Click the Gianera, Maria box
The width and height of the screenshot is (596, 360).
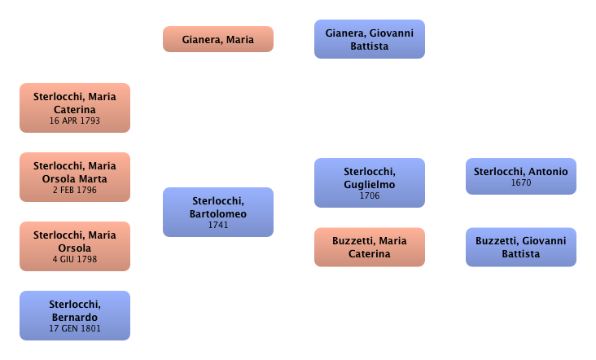(x=217, y=39)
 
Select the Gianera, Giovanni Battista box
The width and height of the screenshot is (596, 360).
(x=370, y=39)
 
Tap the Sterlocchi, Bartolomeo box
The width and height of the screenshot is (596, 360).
(x=217, y=212)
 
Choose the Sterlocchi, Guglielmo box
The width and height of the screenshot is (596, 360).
(x=370, y=183)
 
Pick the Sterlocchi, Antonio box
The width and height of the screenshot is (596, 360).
(x=521, y=176)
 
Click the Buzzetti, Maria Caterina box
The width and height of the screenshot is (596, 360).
(x=370, y=247)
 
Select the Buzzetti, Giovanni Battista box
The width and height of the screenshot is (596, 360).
(x=521, y=247)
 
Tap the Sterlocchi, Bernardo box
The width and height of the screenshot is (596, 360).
(x=74, y=315)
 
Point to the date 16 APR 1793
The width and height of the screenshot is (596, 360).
(x=74, y=121)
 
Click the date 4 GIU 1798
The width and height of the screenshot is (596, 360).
(x=74, y=259)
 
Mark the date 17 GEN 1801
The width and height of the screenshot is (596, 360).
(x=74, y=328)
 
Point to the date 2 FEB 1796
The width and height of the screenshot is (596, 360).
(x=74, y=191)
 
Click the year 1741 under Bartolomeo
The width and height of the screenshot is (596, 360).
(x=217, y=225)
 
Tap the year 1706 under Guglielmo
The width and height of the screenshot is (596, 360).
(x=370, y=195)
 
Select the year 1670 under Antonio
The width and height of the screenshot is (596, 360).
(x=521, y=182)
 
